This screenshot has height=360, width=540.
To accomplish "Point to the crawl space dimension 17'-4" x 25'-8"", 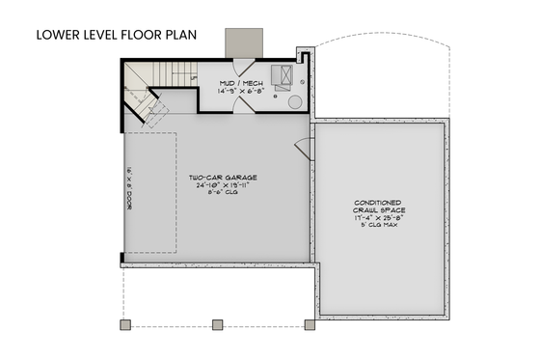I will click(x=381, y=219).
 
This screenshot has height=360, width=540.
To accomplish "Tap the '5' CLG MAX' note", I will click(x=381, y=227).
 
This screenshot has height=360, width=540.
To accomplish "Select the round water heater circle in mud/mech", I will click(x=294, y=99).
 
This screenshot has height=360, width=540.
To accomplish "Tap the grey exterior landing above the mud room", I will click(x=237, y=42).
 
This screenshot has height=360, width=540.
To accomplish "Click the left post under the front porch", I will click(x=122, y=322).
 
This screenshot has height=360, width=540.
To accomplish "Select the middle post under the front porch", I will click(x=217, y=322).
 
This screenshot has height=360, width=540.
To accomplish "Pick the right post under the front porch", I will click(x=310, y=322).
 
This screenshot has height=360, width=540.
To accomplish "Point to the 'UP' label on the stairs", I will click(x=195, y=77).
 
